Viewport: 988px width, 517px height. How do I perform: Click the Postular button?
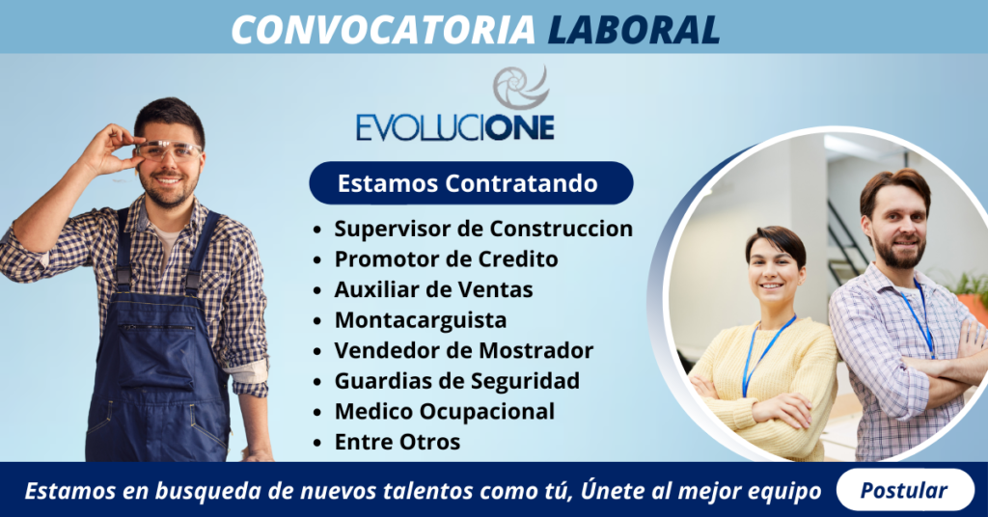903,490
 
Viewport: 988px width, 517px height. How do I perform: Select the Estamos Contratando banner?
469,182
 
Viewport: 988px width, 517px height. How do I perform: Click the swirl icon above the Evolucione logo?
520,87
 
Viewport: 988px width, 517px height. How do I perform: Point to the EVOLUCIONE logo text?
454,128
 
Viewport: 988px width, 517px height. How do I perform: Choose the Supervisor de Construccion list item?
483,229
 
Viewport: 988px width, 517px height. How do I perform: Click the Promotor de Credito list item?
446,258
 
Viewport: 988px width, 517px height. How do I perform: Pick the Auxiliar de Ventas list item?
433,288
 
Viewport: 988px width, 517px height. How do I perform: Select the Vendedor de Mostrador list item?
463,350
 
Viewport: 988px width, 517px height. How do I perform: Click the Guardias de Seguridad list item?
456,380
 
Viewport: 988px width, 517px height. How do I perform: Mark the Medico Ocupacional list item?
444,411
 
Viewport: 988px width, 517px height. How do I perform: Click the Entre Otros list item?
398,442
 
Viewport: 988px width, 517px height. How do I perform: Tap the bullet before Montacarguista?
318,320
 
